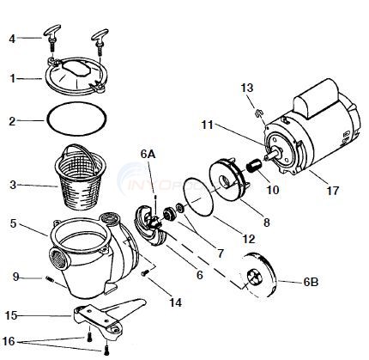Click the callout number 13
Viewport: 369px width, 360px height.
tap(247, 87)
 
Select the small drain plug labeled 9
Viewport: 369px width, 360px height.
tap(51, 277)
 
